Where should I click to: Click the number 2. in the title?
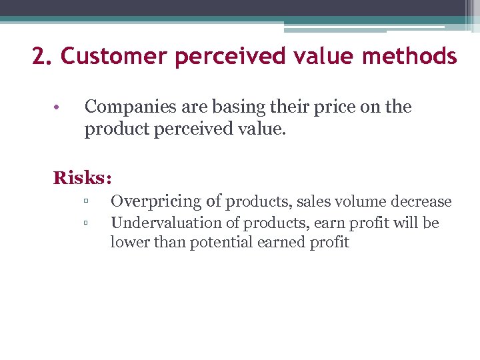[x=43, y=56]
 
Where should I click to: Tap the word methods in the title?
[x=410, y=56]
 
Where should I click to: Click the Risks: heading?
[x=83, y=178]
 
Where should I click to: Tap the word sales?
[x=313, y=201]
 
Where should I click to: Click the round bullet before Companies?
[x=58, y=107]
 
